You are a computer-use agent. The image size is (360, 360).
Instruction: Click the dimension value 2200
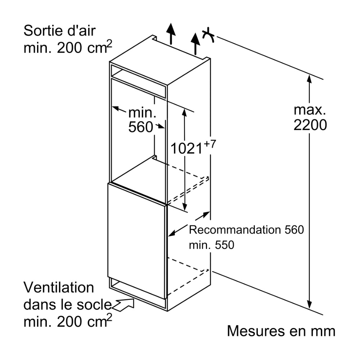[310, 125]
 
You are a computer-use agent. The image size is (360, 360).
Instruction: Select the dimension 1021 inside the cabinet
[186, 148]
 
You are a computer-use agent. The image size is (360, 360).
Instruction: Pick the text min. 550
[211, 245]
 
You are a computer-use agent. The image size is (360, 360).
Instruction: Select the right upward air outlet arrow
[195, 42]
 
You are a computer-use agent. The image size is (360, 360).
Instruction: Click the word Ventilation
[59, 288]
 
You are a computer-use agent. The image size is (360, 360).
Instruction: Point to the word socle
[93, 305]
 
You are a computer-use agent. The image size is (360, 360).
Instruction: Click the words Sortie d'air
[60, 31]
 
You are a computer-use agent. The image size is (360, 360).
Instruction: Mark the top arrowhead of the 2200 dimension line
[309, 77]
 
